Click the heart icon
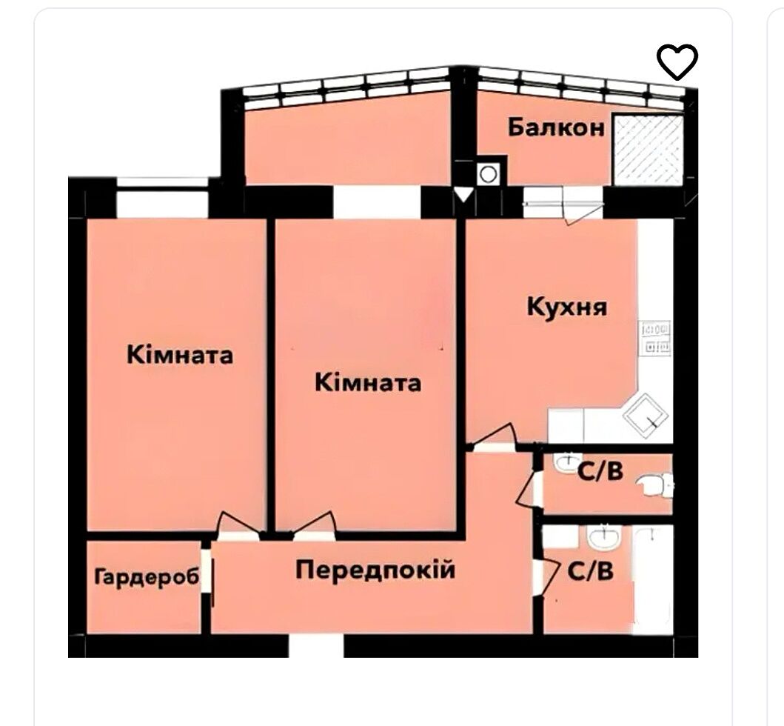(677, 61)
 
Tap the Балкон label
(557, 127)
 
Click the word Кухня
(567, 306)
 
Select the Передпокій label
(375, 570)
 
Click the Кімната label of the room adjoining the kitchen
(368, 383)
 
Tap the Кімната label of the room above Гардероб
(180, 355)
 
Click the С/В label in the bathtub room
(591, 571)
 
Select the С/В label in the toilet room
(600, 470)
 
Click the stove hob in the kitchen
(655, 339)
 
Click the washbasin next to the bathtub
(603, 539)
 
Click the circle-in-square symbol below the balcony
(488, 175)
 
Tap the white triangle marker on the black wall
(463, 194)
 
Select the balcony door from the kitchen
(563, 204)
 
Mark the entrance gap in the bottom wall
(316, 646)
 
